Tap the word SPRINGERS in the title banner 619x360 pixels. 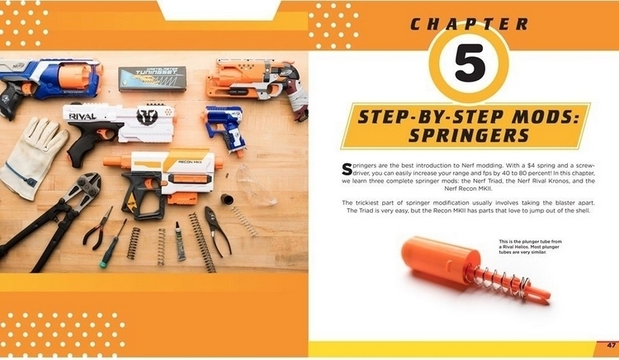tap(466, 135)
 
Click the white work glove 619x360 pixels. tap(31, 153)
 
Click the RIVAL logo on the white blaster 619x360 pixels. tap(83, 116)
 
